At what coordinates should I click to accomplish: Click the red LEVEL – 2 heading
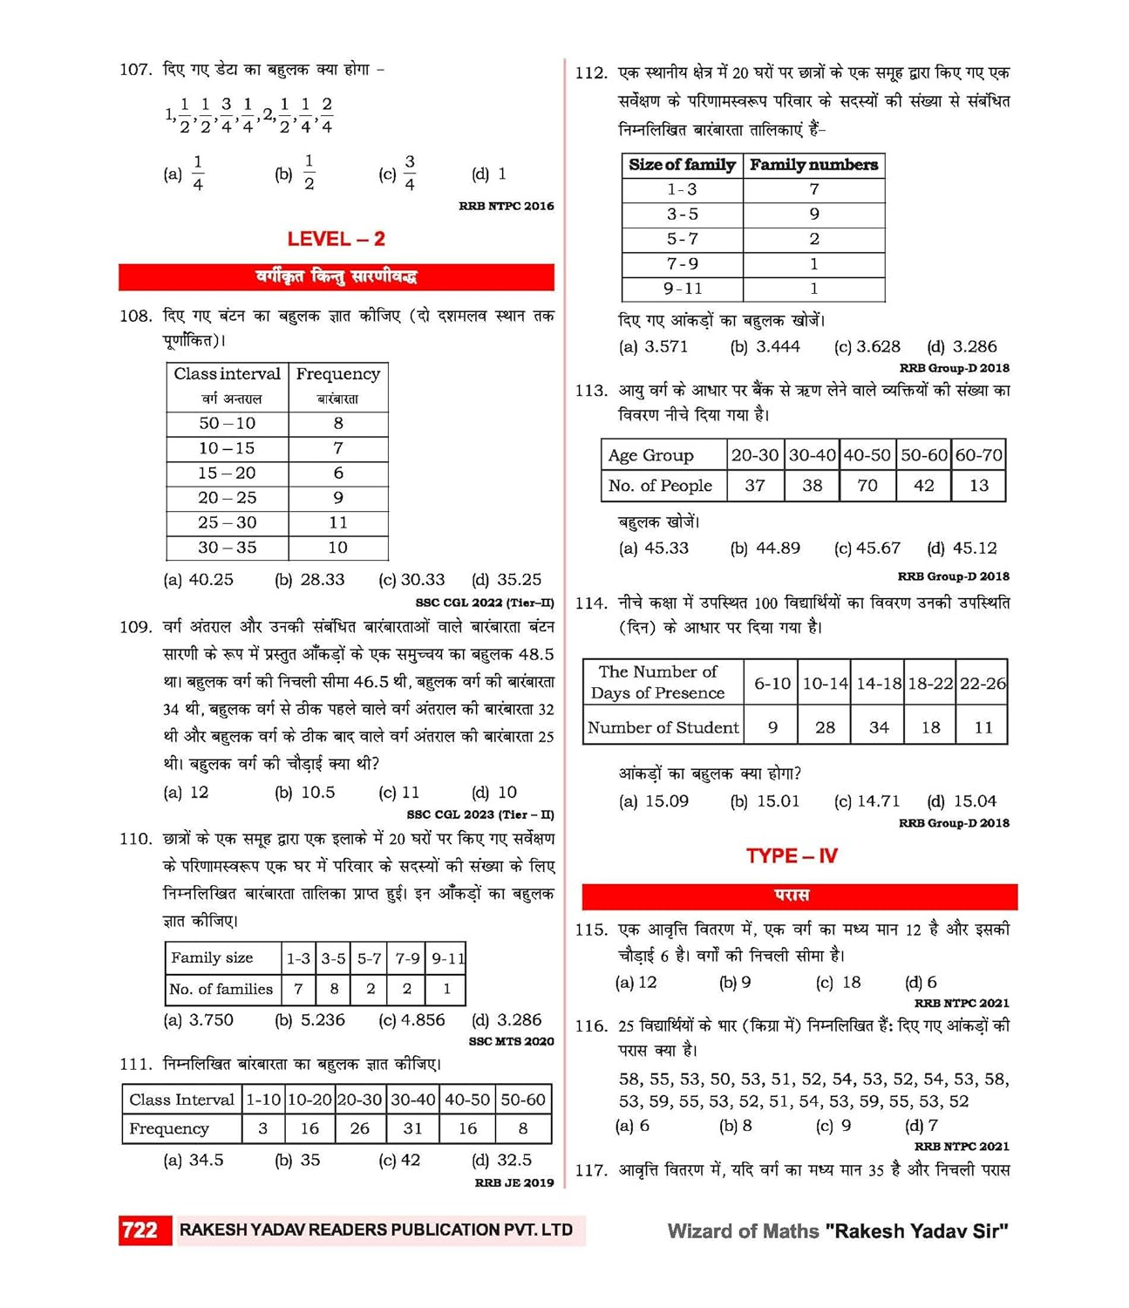tap(336, 239)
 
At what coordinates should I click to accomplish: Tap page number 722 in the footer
tap(139, 1230)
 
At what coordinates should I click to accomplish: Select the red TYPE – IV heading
tap(792, 856)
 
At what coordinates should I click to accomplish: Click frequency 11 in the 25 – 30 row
tap(338, 522)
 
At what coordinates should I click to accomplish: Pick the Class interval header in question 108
tap(227, 374)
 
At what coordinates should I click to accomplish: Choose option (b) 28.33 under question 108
tap(309, 580)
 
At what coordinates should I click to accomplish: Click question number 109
tap(135, 627)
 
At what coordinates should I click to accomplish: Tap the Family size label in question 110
tap(212, 957)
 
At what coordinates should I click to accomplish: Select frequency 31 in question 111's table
tap(412, 1128)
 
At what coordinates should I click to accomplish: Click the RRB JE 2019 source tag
tap(513, 1183)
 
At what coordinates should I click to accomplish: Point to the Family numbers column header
tap(813, 165)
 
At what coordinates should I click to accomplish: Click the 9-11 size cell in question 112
tap(682, 289)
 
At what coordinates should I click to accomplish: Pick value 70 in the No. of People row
tap(867, 486)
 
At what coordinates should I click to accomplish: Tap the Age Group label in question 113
tap(650, 455)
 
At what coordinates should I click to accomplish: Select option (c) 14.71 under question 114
tap(867, 801)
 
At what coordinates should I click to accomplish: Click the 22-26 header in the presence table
tap(983, 685)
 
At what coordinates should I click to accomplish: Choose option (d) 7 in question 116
tap(922, 1126)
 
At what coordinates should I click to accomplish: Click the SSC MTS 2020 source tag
tap(511, 1041)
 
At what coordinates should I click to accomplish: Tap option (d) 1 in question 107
tap(489, 174)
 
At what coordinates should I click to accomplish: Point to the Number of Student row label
tap(663, 728)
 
